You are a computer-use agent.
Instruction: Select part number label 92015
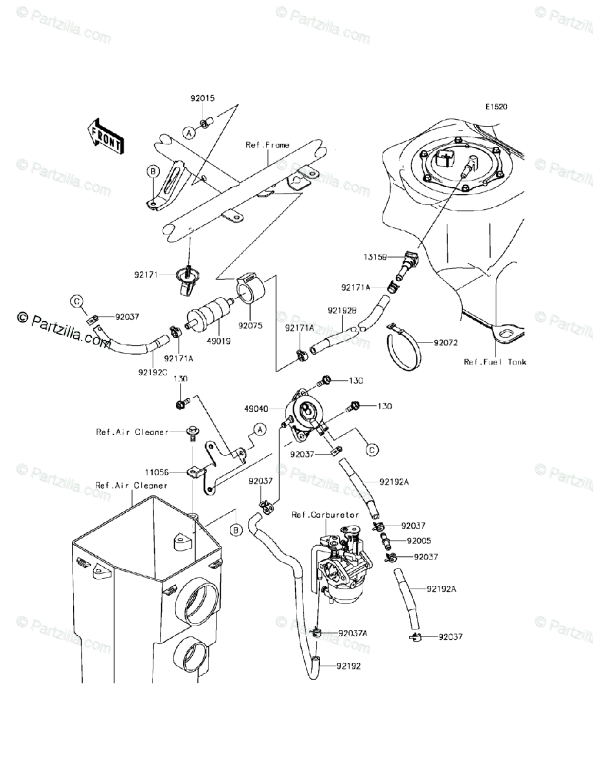(x=203, y=98)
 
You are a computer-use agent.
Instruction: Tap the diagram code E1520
(x=498, y=108)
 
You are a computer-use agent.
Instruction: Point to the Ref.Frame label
(x=267, y=145)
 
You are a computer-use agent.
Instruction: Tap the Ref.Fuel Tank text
(x=495, y=362)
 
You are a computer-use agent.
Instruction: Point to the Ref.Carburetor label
(x=324, y=514)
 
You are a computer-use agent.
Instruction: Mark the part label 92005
(x=419, y=540)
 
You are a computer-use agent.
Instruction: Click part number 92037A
(x=352, y=633)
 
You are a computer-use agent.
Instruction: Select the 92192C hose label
(x=152, y=372)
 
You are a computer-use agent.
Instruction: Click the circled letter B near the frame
(x=153, y=171)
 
